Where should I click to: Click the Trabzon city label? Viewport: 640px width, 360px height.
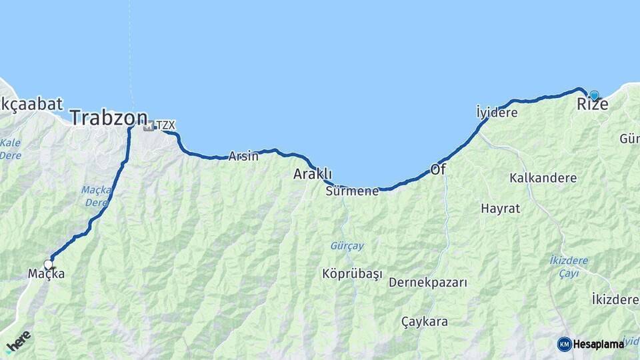click(108, 119)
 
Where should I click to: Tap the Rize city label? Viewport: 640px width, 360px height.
click(592, 105)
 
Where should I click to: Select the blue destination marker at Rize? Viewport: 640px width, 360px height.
click(594, 95)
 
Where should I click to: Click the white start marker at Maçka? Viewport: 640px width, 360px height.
click(48, 264)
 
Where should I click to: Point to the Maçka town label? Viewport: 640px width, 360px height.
click(47, 273)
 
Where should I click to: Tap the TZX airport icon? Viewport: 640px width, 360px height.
click(148, 125)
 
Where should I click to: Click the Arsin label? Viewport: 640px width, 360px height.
click(243, 157)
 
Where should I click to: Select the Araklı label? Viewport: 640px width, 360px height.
click(313, 174)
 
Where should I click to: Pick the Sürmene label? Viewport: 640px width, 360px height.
click(352, 191)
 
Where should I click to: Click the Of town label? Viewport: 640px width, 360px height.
click(438, 169)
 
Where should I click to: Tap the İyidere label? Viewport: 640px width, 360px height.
click(497, 113)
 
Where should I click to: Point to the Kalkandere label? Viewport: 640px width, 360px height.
click(543, 178)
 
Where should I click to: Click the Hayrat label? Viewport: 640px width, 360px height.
click(500, 208)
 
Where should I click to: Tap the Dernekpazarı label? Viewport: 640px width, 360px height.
click(428, 282)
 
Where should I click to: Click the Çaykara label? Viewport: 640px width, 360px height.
click(425, 321)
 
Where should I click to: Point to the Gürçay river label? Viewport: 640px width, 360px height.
click(347, 246)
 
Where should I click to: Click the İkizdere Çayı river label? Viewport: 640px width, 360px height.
click(569, 265)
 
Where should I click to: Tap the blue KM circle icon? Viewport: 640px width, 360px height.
click(564, 344)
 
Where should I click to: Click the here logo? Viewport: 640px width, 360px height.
click(19, 340)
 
